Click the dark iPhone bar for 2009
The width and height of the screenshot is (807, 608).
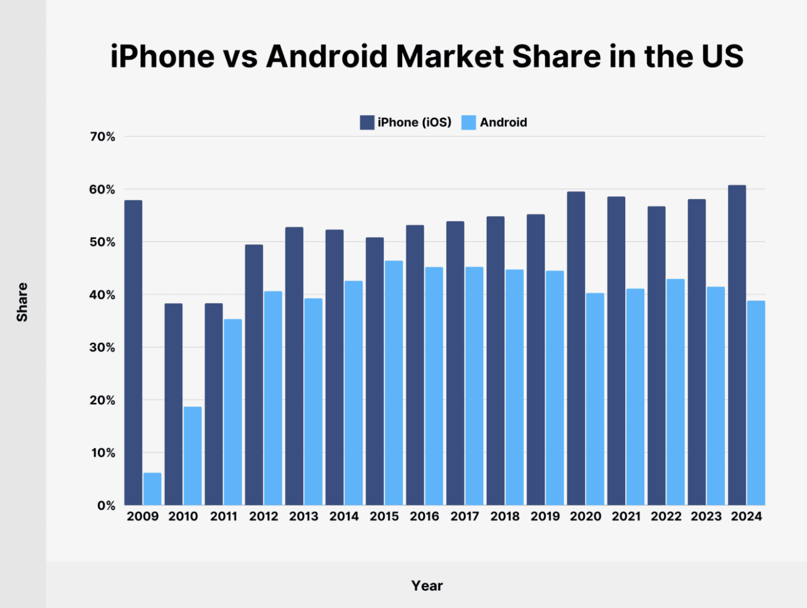point(133,353)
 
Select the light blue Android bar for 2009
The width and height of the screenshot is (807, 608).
point(152,489)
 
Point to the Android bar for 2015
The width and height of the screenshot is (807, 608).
point(394,383)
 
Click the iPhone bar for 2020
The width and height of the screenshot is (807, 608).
point(576,348)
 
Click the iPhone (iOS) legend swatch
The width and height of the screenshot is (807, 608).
point(367,122)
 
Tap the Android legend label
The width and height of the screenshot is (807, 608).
point(503,122)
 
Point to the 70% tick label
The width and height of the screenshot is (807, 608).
point(102,137)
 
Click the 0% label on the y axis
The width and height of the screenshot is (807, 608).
point(106,506)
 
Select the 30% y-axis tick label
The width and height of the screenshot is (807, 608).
point(102,347)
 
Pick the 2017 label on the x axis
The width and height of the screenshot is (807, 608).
point(464,516)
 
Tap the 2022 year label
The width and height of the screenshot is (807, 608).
point(666,516)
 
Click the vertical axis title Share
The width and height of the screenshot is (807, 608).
point(22,302)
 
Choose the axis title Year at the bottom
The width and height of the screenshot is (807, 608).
point(427,585)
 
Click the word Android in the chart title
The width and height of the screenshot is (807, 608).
point(327,57)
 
